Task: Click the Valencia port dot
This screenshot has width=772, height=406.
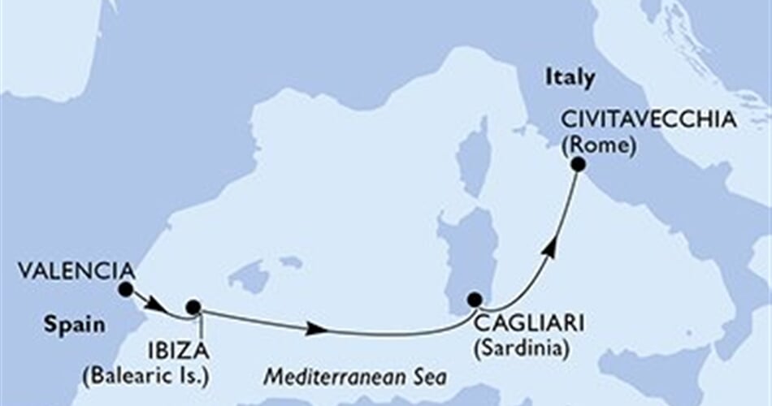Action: (x=125, y=289)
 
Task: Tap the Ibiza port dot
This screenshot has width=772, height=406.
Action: (x=193, y=307)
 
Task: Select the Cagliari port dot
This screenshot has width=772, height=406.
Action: (x=475, y=300)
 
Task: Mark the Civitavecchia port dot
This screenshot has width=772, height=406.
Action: (x=578, y=164)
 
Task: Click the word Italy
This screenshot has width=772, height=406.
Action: (x=570, y=78)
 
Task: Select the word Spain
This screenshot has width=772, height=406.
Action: (x=74, y=326)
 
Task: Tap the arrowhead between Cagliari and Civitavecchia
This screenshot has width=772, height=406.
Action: (x=551, y=248)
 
